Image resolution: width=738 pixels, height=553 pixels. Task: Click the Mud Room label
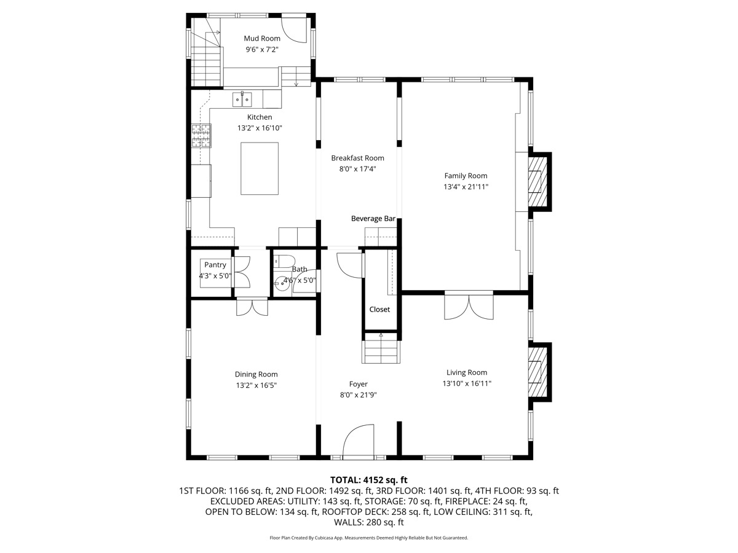coord(261,39)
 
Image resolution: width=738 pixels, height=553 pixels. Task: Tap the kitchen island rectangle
coord(259,168)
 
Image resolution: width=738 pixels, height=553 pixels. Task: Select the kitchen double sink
coord(242,98)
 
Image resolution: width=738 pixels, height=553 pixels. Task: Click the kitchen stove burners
coord(201,136)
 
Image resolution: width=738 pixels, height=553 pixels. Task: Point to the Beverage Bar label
coord(373,218)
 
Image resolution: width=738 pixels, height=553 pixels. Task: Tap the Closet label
coord(379,310)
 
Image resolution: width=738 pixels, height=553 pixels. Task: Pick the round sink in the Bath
coord(285,283)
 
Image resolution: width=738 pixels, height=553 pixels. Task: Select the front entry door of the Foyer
coord(358,442)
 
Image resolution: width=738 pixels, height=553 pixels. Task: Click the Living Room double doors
coord(469,307)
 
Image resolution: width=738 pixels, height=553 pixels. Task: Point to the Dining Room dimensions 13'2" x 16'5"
coord(256,385)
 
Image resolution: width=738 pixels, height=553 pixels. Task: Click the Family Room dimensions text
coord(466,187)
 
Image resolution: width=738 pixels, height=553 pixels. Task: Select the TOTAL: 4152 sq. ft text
coord(369,480)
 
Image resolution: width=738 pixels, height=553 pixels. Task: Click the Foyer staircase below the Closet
coord(381,351)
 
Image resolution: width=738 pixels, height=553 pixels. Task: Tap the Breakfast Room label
coord(357,158)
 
